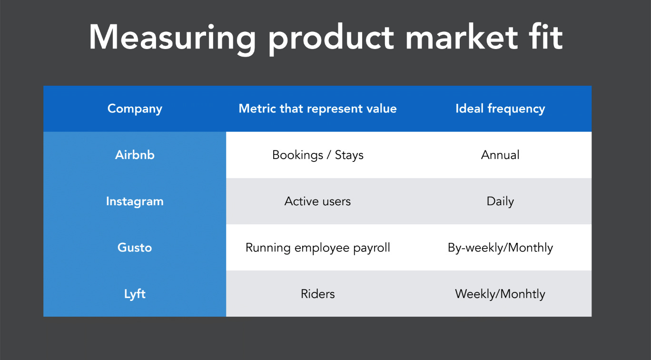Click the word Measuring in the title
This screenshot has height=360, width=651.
[x=172, y=38]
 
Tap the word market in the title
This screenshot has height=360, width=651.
[x=462, y=37]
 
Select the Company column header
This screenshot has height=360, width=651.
[x=135, y=109]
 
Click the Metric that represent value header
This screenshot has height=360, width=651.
[x=318, y=109]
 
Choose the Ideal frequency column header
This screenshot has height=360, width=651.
[x=500, y=109]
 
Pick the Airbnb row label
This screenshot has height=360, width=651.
[x=135, y=155]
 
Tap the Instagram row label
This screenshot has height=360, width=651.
[x=135, y=201]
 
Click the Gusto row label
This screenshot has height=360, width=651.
[x=135, y=248]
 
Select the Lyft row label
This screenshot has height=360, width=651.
[x=135, y=294]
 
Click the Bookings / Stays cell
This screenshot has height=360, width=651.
[x=318, y=155]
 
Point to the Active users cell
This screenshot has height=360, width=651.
[x=318, y=201]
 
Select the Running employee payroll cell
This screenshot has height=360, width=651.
[x=318, y=248]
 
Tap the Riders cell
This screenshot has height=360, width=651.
[x=318, y=294]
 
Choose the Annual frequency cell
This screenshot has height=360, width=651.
[x=500, y=155]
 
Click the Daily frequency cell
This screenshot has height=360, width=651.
[x=500, y=201]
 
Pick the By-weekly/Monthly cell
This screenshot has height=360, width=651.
[x=500, y=248]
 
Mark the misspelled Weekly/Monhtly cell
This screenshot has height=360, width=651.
[x=500, y=294]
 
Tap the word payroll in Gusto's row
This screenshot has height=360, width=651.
[x=372, y=248]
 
